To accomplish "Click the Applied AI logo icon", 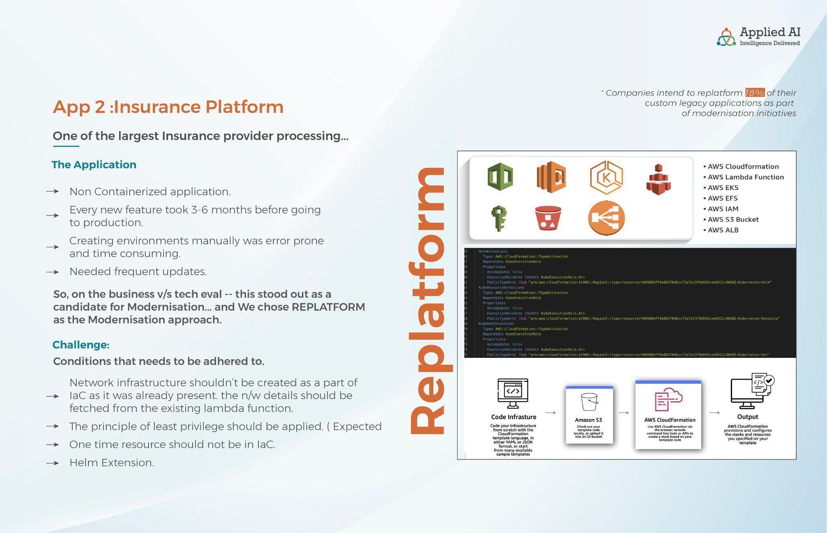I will (726, 37).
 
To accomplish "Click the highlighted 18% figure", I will (754, 93).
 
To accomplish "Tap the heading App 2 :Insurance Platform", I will (168, 107).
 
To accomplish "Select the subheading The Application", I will (94, 165).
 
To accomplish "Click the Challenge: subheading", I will (81, 345).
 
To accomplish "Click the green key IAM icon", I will (499, 218).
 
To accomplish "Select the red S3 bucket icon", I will (548, 218).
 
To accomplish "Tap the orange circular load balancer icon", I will (606, 218).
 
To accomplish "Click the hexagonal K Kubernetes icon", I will (606, 178).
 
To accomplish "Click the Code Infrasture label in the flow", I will (514, 417).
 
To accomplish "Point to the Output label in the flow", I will (747, 417).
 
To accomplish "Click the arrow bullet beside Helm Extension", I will (52, 463).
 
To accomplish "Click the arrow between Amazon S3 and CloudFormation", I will (623, 413).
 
